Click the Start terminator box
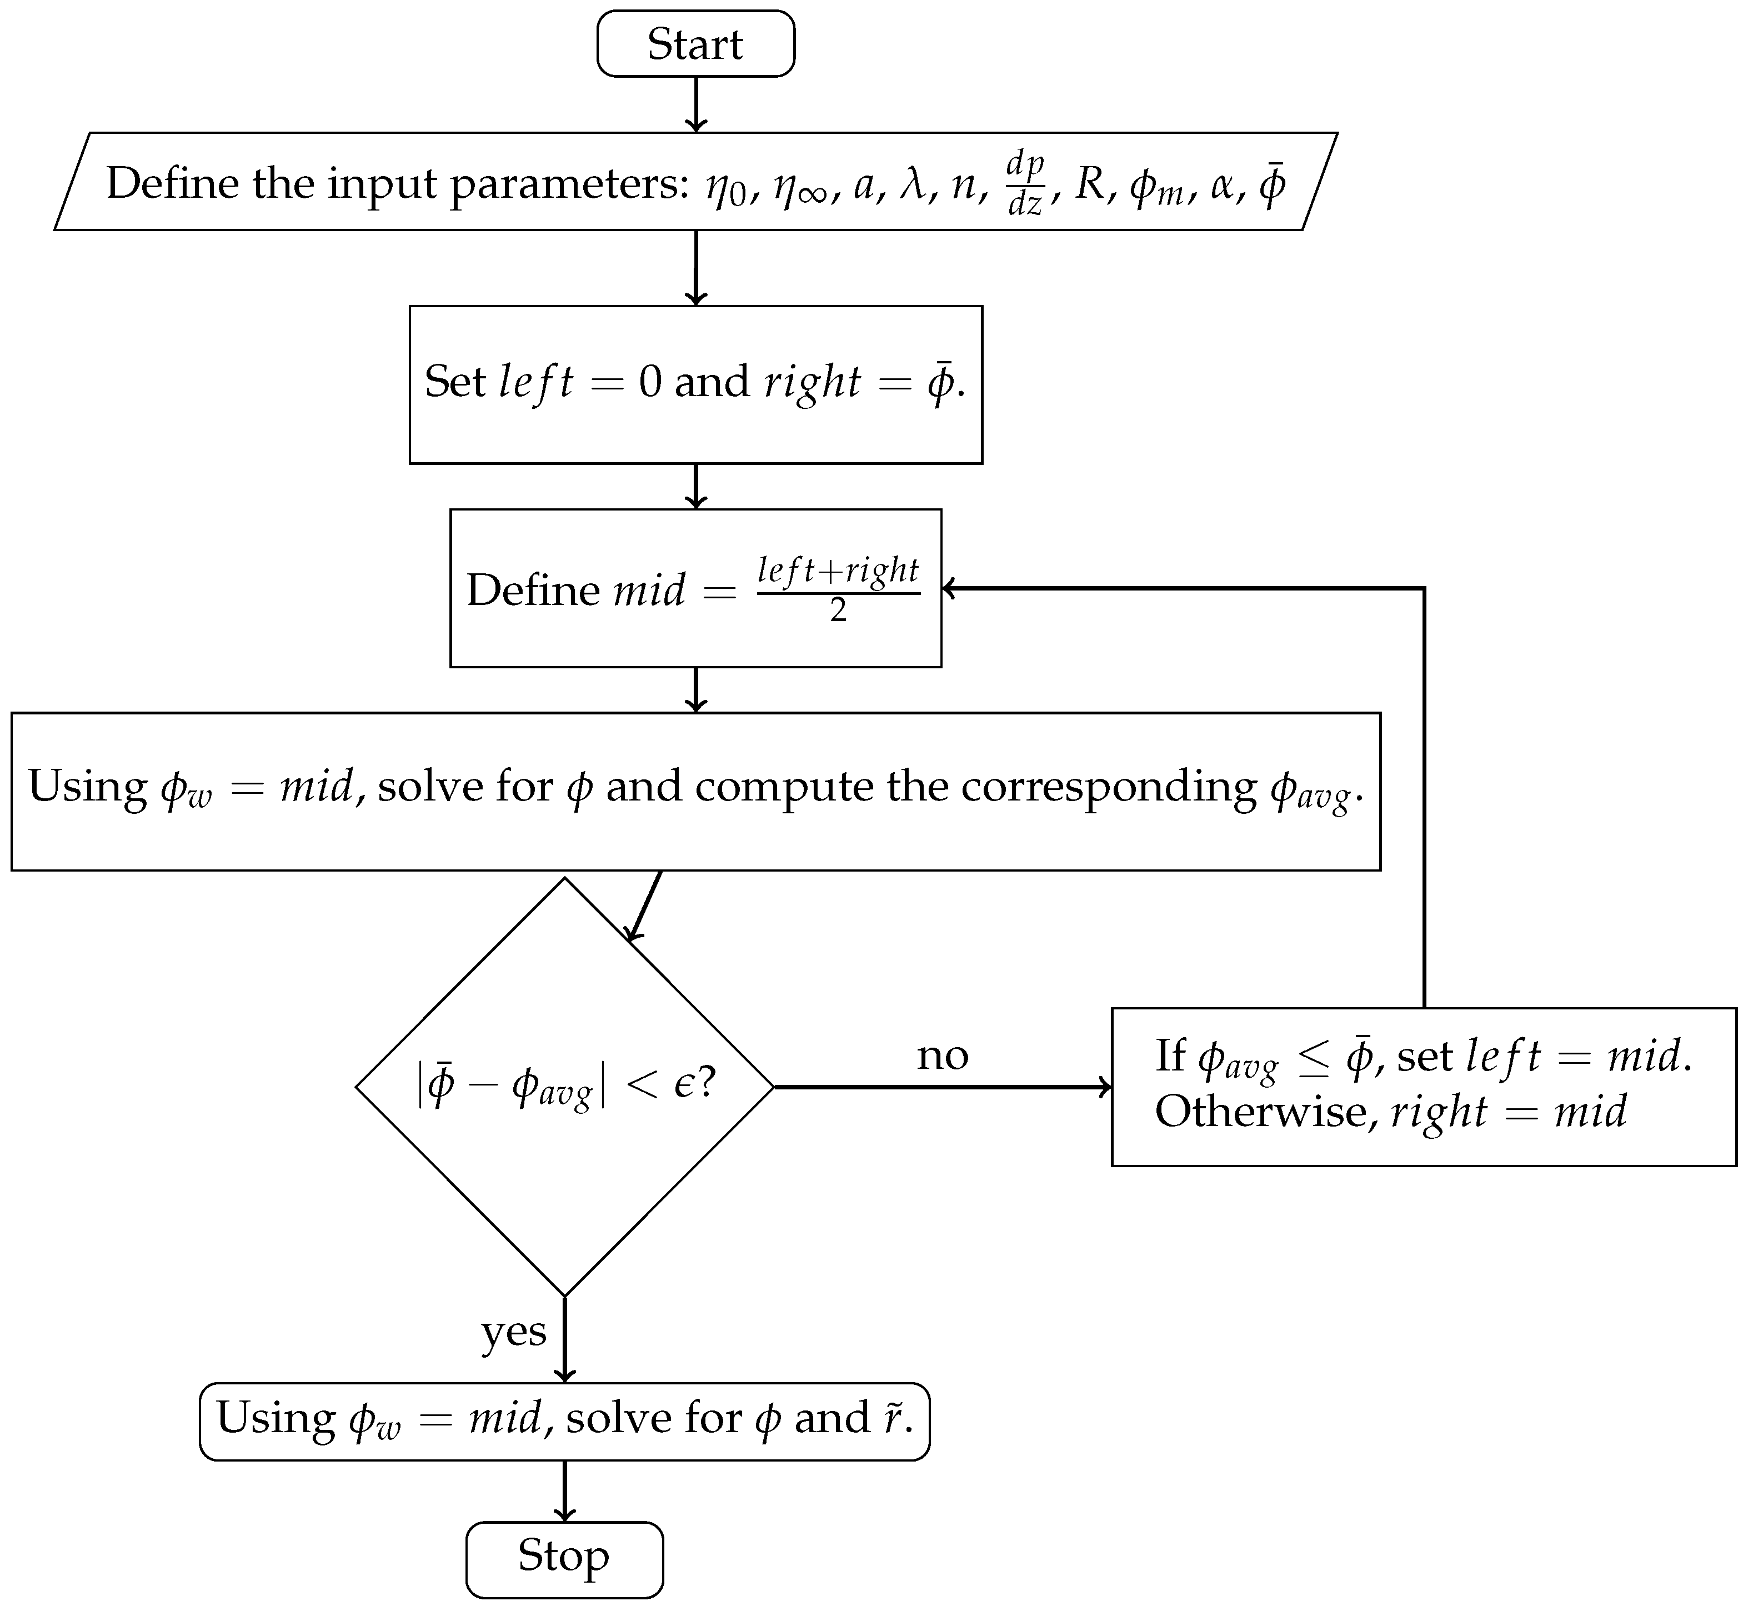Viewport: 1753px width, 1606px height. tap(695, 43)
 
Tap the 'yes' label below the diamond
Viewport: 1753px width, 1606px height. tap(514, 1331)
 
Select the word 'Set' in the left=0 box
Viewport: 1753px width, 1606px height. tap(455, 382)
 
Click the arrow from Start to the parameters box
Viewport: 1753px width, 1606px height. tap(695, 104)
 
